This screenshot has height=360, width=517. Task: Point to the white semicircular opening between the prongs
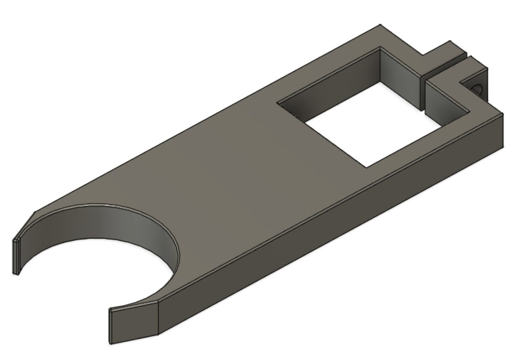tap(96, 278)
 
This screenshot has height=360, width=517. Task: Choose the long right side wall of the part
tap(335, 225)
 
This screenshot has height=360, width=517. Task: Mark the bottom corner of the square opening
tap(366, 167)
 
